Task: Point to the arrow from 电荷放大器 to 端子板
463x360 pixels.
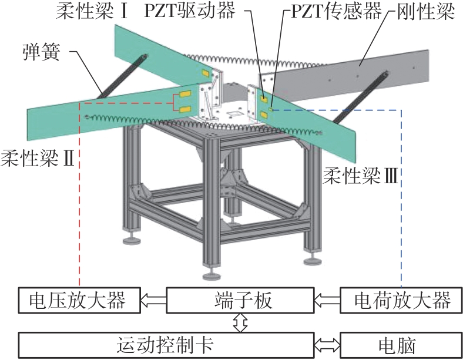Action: click(327, 301)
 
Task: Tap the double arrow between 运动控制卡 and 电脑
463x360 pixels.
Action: click(327, 343)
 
